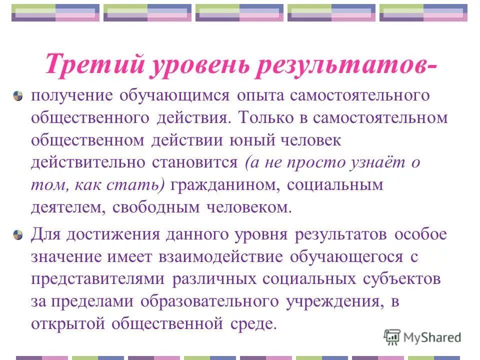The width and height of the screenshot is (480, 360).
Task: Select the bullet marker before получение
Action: point(18,96)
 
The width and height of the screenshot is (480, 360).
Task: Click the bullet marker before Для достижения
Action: point(18,234)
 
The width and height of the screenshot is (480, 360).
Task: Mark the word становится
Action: point(196,162)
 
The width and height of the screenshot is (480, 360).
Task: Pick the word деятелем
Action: point(64,207)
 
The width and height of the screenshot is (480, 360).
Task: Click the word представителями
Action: point(98,279)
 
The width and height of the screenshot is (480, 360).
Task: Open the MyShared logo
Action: point(422,337)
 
